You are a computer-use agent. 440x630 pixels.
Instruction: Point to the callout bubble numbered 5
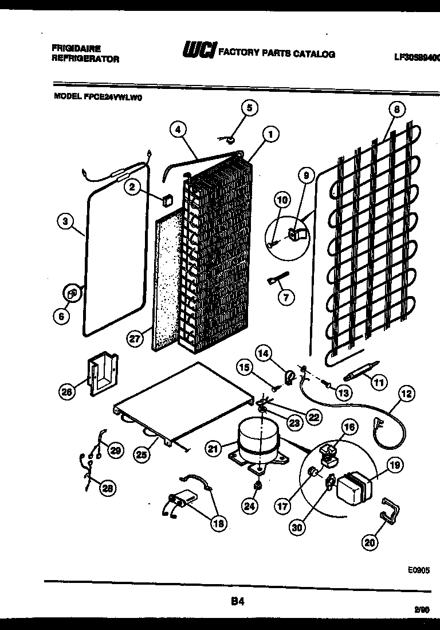(249, 107)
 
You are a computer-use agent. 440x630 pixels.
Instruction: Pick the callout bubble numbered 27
(134, 339)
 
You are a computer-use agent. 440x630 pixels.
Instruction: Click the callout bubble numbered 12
(406, 394)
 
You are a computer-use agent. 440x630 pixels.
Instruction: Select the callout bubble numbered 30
(296, 528)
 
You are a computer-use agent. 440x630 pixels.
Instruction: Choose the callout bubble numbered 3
(66, 221)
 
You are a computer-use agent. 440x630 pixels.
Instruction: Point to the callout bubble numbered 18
(218, 523)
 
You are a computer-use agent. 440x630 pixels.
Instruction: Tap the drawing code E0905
(418, 570)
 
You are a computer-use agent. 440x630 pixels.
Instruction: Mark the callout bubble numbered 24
(250, 505)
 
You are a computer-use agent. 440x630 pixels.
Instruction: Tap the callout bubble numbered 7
(285, 297)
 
